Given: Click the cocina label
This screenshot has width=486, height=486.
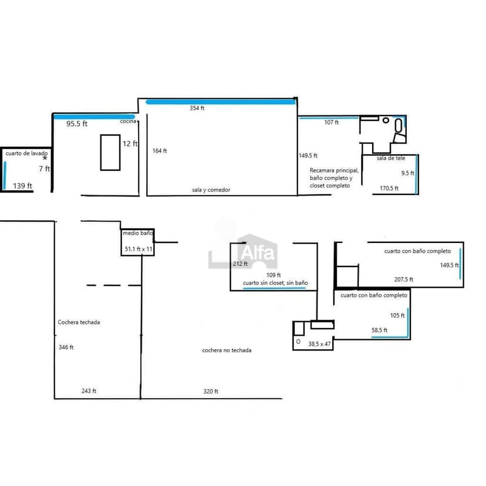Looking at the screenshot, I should click(128, 122).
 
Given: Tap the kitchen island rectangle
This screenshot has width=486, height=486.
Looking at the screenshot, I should click(110, 152).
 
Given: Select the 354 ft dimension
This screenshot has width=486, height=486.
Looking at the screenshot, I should click(197, 109).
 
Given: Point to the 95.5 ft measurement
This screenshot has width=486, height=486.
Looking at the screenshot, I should click(76, 124).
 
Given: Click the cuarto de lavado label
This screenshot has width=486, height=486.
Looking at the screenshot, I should click(27, 153).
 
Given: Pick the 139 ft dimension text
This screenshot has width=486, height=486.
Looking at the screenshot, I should click(22, 185).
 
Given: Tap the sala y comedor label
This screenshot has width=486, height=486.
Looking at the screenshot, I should click(211, 190).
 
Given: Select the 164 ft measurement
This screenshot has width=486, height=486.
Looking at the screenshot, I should click(159, 151).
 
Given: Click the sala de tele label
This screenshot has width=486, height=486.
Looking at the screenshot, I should click(391, 158).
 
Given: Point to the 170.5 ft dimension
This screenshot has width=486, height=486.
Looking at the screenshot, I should click(389, 188).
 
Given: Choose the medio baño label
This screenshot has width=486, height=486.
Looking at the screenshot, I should click(138, 233).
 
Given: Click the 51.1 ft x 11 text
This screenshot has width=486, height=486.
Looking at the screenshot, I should click(139, 249).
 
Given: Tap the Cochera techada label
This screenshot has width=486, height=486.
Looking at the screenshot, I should click(79, 322).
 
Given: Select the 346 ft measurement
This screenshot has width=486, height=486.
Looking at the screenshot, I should click(66, 347).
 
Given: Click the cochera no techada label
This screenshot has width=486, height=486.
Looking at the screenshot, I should click(227, 350).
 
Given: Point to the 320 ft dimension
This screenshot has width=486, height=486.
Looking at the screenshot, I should click(211, 392).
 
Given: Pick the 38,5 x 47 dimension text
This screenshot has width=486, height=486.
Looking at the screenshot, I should click(320, 344).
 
